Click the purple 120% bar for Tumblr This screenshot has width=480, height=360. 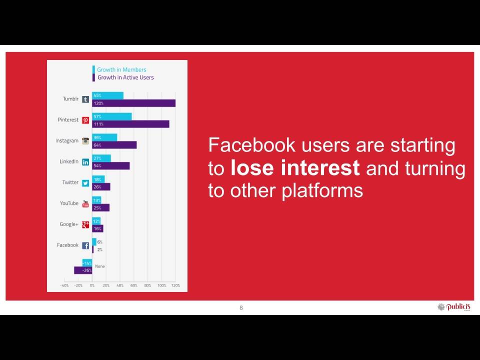pos(134,103)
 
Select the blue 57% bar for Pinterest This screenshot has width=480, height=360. pos(112,116)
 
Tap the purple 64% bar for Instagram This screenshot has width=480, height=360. pos(114,145)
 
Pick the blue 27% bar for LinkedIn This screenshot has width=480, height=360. pos(101,158)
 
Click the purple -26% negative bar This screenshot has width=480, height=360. pos(83,270)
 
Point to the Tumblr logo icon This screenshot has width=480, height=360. pos(85,99)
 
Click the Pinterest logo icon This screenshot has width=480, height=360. pos(85,120)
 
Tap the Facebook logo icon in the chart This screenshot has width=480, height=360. pos(85,245)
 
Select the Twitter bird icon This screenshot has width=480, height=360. pos(85,183)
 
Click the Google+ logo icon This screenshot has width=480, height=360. pos(85,224)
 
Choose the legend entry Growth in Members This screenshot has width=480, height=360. pos(121,70)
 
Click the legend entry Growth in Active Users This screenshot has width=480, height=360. pos(125,77)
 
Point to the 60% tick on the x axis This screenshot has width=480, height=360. pos(134,285)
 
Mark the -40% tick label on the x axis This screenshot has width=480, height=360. pos(64,285)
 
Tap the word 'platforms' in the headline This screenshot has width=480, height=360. pos(322,191)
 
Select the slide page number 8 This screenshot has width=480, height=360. pos(241,308)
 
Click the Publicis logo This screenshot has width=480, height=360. pos(454,307)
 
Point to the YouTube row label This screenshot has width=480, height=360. pos(69,203)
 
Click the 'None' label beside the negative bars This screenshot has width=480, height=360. pos(100,266)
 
